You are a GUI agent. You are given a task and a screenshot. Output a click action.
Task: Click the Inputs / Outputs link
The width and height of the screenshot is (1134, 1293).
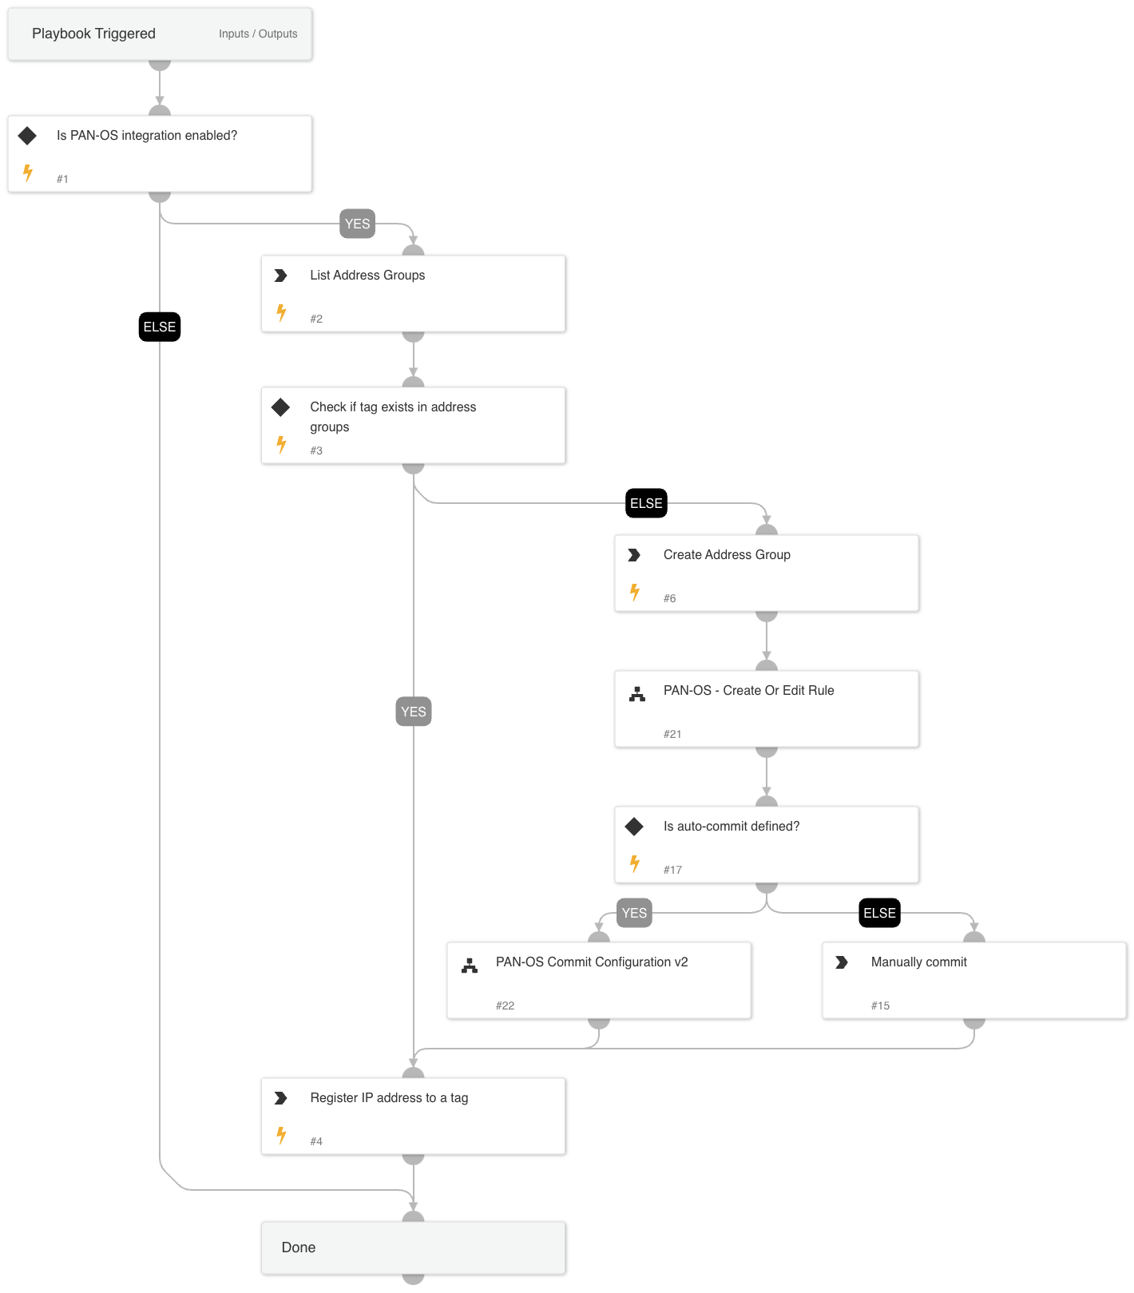point(258,34)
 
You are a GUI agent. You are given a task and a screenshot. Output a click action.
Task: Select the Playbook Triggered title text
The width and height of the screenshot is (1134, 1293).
point(93,34)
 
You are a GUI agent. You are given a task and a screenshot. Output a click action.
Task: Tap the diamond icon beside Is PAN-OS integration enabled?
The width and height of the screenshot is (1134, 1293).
point(27,136)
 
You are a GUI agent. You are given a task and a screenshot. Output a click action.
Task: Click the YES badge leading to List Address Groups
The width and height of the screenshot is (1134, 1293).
point(357,224)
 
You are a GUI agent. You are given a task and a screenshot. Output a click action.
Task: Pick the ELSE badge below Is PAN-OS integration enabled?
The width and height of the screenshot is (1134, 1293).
point(160,327)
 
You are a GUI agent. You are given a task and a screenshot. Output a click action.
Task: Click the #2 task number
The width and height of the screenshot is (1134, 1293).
point(316,319)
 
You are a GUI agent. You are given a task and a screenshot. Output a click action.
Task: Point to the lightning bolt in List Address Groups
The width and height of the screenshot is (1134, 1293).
point(281,312)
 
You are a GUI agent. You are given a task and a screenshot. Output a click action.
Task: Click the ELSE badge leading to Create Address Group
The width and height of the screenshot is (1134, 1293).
point(646,503)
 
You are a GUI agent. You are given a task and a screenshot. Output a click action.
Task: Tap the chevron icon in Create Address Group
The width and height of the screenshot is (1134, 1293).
point(634,555)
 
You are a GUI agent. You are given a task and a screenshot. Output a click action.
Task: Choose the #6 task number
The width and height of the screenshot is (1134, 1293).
point(669,598)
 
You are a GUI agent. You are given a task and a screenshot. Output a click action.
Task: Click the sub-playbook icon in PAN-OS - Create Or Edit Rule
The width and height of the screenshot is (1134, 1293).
point(636,694)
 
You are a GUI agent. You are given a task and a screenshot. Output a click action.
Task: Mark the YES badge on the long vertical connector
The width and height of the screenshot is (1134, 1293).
point(414,712)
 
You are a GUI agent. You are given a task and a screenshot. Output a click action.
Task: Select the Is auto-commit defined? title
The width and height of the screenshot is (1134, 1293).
point(731,826)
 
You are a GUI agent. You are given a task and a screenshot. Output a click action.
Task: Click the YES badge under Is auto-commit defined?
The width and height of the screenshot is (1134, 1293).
point(634,913)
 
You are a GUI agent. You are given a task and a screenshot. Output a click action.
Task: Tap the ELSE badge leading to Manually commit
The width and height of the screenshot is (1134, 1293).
point(879,913)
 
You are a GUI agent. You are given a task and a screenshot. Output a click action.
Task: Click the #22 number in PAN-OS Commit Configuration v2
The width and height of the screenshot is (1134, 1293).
point(505,1005)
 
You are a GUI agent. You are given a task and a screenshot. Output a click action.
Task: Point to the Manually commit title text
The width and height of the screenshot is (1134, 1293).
point(918,962)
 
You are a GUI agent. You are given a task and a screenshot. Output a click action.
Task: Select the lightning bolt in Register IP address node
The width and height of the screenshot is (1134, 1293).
point(281,1135)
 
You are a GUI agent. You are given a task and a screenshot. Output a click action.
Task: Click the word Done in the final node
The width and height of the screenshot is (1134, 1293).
point(299,1247)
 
